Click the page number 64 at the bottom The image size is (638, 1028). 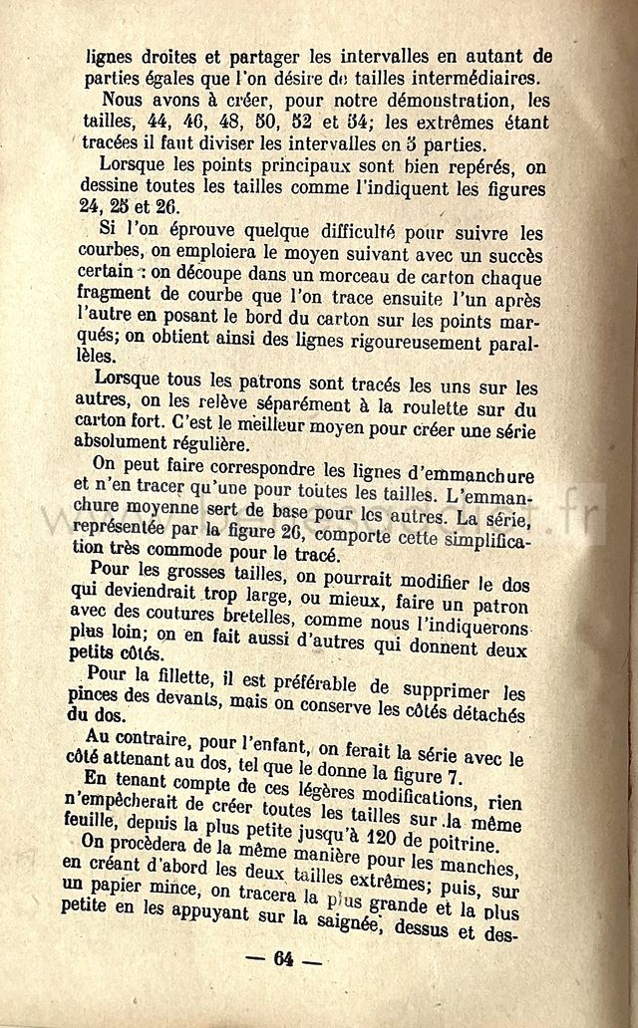284,960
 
